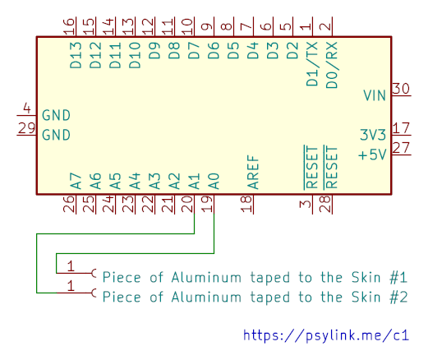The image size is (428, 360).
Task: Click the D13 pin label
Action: tap(76, 55)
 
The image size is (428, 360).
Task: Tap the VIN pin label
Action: tap(375, 95)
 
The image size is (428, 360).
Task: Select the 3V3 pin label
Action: tap(373, 135)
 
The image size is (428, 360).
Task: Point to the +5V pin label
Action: tap(372, 155)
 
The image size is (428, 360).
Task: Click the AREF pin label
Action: tap(253, 173)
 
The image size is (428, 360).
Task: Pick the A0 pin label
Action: tap(214, 181)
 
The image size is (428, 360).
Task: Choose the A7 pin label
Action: tap(76, 181)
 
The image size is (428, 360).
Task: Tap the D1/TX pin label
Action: tap(312, 64)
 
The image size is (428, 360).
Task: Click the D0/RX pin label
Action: tap(332, 65)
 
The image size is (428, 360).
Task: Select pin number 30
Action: tap(401, 89)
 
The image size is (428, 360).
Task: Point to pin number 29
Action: tap(26, 128)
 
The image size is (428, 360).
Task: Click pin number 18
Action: tap(246, 204)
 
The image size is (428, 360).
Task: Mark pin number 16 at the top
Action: tap(69, 26)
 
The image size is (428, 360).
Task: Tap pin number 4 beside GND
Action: tap(27, 108)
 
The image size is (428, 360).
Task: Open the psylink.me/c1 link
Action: tap(326, 335)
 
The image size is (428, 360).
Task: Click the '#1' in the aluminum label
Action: tap(398, 277)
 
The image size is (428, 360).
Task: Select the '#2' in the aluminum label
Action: tap(398, 297)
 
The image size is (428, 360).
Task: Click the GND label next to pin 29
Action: tap(56, 135)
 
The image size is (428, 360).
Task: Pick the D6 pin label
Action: tap(214, 50)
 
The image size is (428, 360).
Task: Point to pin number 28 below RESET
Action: tap(325, 204)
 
